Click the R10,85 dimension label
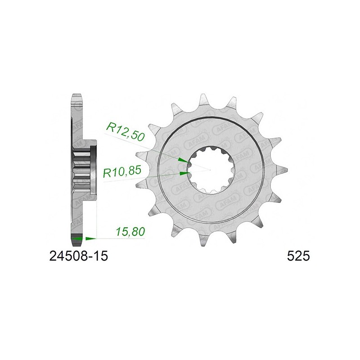click(x=122, y=171)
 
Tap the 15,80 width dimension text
click(x=131, y=232)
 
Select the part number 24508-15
click(x=78, y=256)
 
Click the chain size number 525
click(x=298, y=256)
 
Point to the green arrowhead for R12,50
click(x=183, y=160)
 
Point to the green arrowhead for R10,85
click(x=185, y=173)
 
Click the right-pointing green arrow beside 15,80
click(x=91, y=238)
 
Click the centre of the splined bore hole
click(x=210, y=170)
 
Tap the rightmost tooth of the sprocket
click(x=282, y=170)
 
